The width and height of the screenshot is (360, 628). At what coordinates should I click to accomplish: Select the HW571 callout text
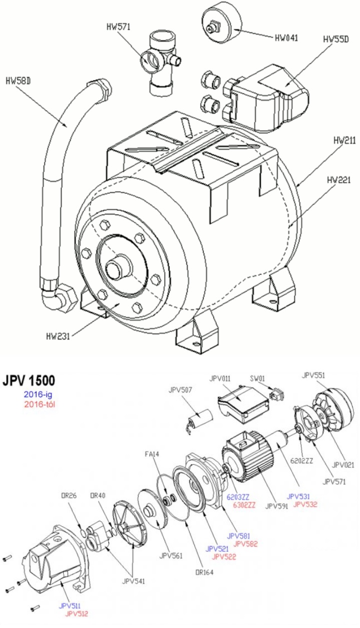coord(119,27)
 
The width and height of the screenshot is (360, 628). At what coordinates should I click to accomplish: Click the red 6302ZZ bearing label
coord(245,505)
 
